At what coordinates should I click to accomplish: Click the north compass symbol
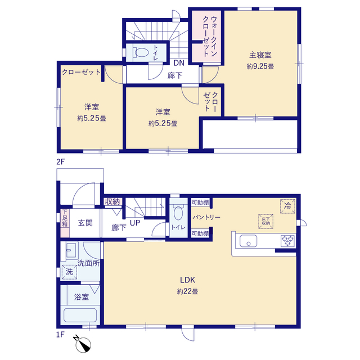pyautogui.click(x=83, y=344)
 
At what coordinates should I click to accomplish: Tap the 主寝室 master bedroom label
pyautogui.click(x=260, y=55)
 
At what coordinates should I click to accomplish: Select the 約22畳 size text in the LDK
pyautogui.click(x=187, y=291)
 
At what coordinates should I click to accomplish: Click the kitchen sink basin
pyautogui.click(x=248, y=241)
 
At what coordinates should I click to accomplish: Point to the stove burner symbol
pyautogui.click(x=288, y=241)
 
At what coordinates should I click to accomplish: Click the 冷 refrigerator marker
pyautogui.click(x=287, y=206)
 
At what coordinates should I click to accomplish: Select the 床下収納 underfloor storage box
pyautogui.click(x=266, y=221)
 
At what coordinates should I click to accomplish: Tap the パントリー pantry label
pyautogui.click(x=206, y=217)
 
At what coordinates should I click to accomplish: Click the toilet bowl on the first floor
pyautogui.click(x=178, y=213)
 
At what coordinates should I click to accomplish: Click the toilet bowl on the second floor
pyautogui.click(x=141, y=52)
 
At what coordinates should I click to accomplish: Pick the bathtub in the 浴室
pyautogui.click(x=80, y=315)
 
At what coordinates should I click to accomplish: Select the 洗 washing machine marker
pyautogui.click(x=69, y=272)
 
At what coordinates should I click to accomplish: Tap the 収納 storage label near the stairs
pyautogui.click(x=112, y=201)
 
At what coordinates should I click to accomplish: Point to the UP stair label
pyautogui.click(x=135, y=223)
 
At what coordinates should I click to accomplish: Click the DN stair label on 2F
pyautogui.click(x=179, y=63)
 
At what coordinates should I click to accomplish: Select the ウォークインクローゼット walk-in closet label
pyautogui.click(x=210, y=36)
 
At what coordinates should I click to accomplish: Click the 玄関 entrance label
pyautogui.click(x=85, y=223)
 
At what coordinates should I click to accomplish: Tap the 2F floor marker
pyautogui.click(x=61, y=162)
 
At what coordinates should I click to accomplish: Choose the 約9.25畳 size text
pyautogui.click(x=260, y=66)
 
